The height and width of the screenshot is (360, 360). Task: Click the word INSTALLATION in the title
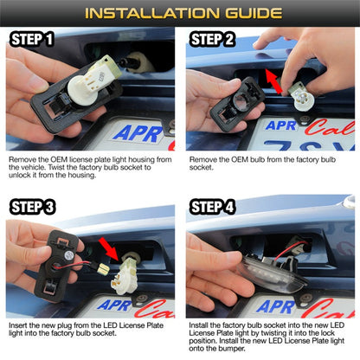[x=152, y=13]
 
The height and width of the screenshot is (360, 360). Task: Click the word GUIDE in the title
[x=254, y=13]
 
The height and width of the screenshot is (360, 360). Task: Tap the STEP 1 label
[x=32, y=39]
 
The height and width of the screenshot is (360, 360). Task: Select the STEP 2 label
[x=212, y=39]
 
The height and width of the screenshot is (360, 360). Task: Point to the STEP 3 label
[x=32, y=207]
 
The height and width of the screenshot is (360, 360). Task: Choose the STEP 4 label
[x=212, y=207]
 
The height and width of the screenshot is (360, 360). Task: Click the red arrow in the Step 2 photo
[x=273, y=81]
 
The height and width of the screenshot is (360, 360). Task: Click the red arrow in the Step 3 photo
[x=109, y=248]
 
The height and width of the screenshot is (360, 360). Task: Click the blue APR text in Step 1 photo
[x=138, y=134]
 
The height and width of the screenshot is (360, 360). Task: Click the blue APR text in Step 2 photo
[x=281, y=125]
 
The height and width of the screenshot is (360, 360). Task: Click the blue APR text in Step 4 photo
[x=275, y=306]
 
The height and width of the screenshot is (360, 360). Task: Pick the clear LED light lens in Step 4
[x=271, y=273]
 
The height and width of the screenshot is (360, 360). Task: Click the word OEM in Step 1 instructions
[x=59, y=159]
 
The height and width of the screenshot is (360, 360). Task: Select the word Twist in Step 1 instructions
[x=55, y=167]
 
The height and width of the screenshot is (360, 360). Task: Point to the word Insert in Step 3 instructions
[x=18, y=325]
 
